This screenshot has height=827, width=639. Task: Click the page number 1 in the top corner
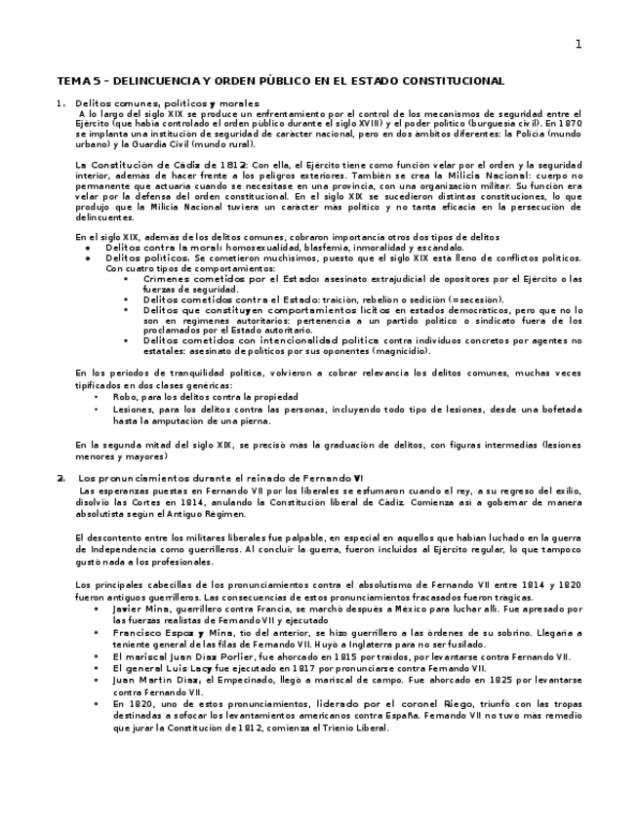coord(579,44)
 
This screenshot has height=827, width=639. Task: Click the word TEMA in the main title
coord(71,81)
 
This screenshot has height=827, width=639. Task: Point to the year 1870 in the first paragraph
coord(569,124)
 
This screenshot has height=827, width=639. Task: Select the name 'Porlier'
coord(230,656)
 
